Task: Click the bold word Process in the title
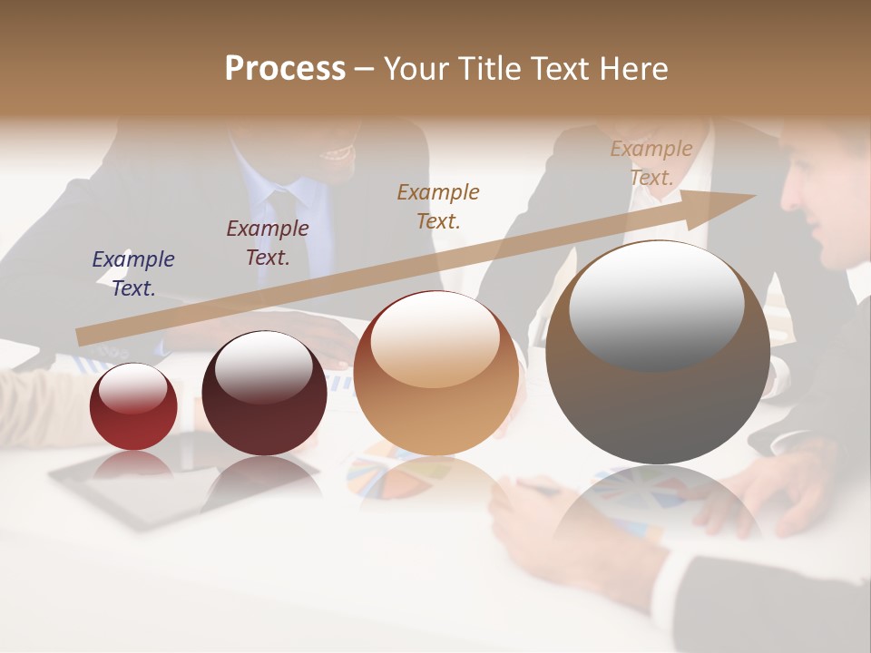[x=285, y=69]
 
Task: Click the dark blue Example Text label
[x=133, y=273]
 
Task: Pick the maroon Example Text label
[x=268, y=242]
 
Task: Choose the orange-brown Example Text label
[x=438, y=206]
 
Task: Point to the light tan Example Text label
[x=651, y=163]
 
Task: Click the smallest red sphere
[x=133, y=407]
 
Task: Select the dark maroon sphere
[x=264, y=393]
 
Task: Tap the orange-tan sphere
[x=435, y=374]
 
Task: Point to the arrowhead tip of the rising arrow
[x=754, y=196]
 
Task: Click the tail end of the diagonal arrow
[x=79, y=337]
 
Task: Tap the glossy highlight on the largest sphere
[x=656, y=304]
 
